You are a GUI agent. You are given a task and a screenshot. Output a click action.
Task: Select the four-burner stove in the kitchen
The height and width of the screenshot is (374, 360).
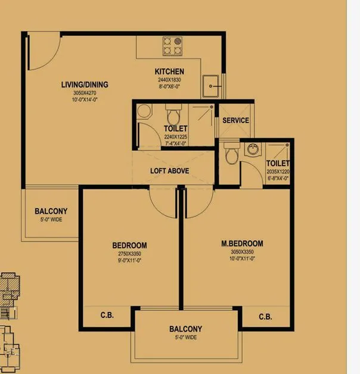point(172,43)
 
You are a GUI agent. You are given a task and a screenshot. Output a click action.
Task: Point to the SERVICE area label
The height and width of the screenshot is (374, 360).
point(235,120)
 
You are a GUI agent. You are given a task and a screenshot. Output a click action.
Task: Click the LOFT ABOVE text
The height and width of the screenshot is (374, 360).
point(169,171)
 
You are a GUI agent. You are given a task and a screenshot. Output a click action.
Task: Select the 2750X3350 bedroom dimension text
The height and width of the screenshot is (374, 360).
point(129,254)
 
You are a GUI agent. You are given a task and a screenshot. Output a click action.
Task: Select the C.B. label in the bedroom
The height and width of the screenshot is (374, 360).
point(107,315)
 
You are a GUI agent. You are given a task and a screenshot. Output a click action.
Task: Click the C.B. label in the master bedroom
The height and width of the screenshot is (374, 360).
point(265,317)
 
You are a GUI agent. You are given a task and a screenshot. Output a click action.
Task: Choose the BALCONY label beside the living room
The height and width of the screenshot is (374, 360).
point(51,211)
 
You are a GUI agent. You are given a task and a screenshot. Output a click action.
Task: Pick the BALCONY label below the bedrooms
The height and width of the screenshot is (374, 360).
point(185,329)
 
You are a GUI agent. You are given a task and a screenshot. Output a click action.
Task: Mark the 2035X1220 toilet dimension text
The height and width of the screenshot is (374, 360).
point(278,171)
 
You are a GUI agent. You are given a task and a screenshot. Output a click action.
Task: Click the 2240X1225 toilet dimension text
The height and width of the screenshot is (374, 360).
point(175,136)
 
